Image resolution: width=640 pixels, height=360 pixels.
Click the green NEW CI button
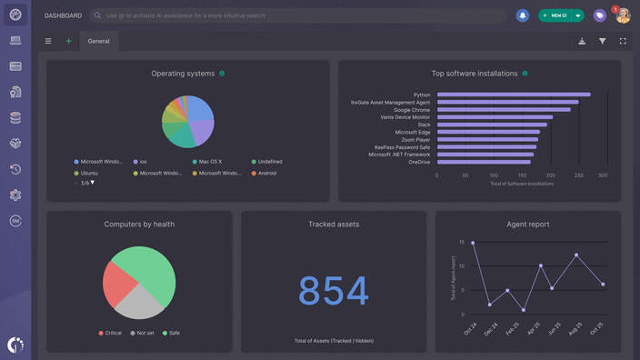coord(555,15)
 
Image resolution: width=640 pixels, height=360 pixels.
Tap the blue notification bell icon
coord(523,15)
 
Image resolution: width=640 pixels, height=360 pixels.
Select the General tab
coord(98,41)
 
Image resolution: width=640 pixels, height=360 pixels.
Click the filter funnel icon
coord(602,41)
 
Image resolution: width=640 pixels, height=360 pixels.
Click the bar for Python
coord(514,95)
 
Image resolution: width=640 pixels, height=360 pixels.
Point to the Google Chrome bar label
coord(412,110)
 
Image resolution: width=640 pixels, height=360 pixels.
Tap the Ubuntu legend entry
coord(89,173)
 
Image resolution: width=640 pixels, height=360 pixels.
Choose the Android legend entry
coord(266,173)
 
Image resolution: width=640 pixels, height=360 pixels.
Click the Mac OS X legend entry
coord(210,162)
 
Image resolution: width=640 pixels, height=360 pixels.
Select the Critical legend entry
coord(113,333)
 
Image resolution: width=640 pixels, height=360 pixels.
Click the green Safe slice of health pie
coord(153,271)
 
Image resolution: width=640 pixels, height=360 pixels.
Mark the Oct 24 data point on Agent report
coord(473,243)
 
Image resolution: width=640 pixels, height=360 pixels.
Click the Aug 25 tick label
coord(575,328)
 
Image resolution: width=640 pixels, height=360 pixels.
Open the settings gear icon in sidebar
coord(15,195)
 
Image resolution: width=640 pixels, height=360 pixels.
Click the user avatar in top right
coord(623,15)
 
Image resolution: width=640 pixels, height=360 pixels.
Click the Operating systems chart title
coord(183,74)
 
